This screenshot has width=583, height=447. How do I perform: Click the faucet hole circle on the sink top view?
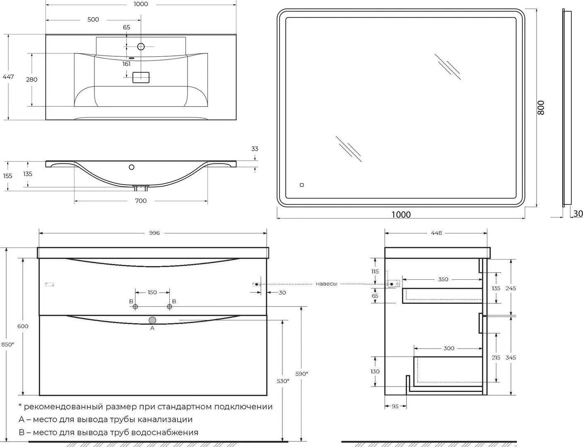coord(141,47)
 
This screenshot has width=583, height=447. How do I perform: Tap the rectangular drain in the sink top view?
coord(141,77)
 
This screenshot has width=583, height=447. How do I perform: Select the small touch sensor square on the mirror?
coord(302,185)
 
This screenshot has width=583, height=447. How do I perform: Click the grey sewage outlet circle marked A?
coord(152,320)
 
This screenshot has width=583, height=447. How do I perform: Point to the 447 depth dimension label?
coord(8,77)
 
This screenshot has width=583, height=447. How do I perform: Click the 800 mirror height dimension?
coord(541,108)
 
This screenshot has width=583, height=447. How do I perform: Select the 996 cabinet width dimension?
coord(154,233)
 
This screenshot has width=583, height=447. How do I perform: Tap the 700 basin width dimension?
coord(141,201)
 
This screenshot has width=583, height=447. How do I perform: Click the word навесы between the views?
coord(326,284)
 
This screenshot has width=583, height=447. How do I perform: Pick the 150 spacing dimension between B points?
coord(152,292)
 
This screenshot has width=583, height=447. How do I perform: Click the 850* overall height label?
coord(7,344)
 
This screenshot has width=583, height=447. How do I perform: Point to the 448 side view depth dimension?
coord(436,233)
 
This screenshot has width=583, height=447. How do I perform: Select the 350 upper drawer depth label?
coord(443,279)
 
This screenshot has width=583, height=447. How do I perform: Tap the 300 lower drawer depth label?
coord(449,348)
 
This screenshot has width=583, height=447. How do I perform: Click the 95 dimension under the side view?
coord(395,406)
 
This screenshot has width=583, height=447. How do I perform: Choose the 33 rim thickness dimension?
coord(255,149)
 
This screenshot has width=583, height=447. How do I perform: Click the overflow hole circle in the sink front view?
coord(131,167)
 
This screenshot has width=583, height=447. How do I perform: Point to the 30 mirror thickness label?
coord(578,214)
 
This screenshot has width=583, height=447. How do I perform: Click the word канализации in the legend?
coord(165,419)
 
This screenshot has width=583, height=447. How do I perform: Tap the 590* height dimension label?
coord(302,373)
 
